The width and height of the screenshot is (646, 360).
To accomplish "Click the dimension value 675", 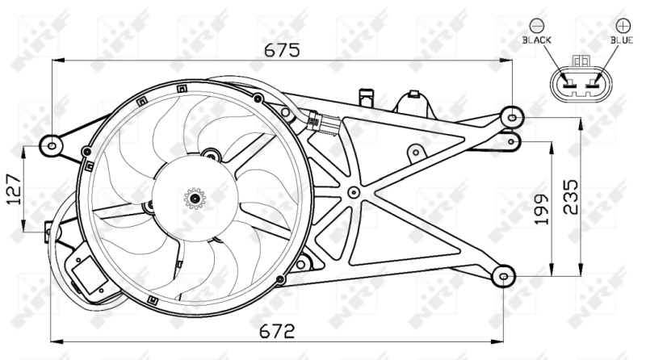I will (x=283, y=49).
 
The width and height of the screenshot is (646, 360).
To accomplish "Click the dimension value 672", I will (x=276, y=330).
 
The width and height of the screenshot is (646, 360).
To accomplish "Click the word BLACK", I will (x=536, y=38).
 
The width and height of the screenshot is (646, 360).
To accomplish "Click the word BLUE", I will (x=621, y=38).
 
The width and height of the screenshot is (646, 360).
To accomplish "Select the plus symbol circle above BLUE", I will (x=621, y=24).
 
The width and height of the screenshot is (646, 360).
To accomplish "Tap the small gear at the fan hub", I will (x=195, y=197).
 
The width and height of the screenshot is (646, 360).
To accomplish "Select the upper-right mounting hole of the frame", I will (x=510, y=116).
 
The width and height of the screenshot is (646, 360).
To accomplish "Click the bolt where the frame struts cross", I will (x=354, y=192).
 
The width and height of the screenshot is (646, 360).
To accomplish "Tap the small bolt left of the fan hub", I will (x=148, y=207).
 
